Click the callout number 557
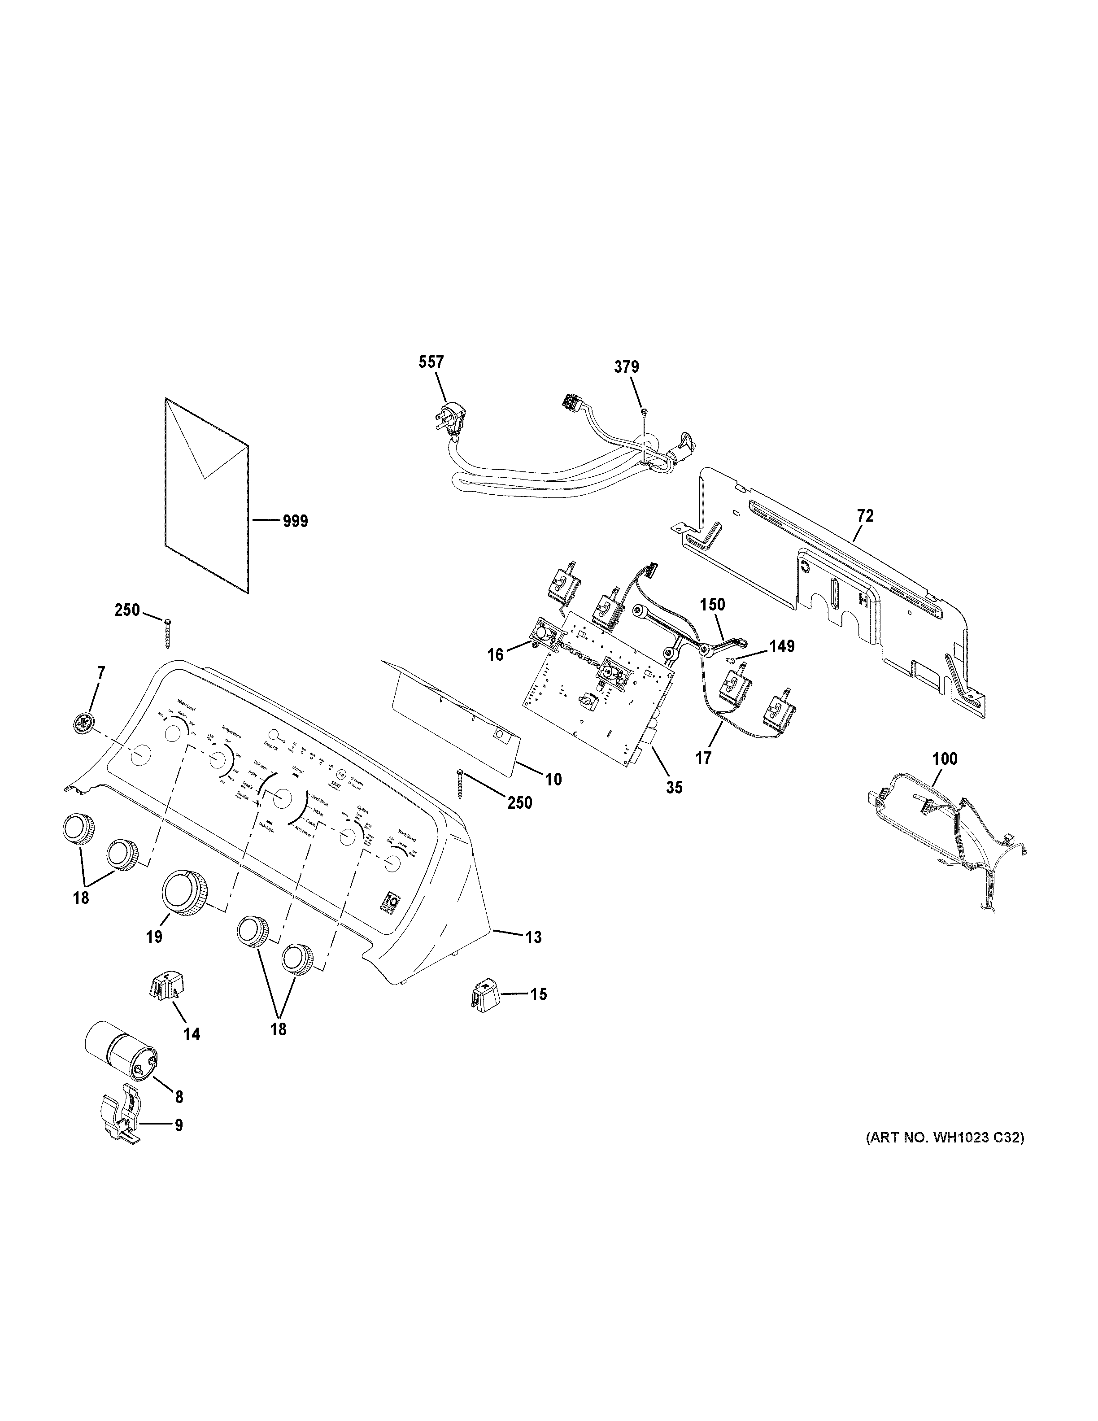(x=431, y=363)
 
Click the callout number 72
(x=865, y=516)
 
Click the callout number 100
(x=945, y=758)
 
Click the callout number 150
(x=712, y=605)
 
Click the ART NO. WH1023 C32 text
(x=945, y=1138)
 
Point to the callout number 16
(x=496, y=654)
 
